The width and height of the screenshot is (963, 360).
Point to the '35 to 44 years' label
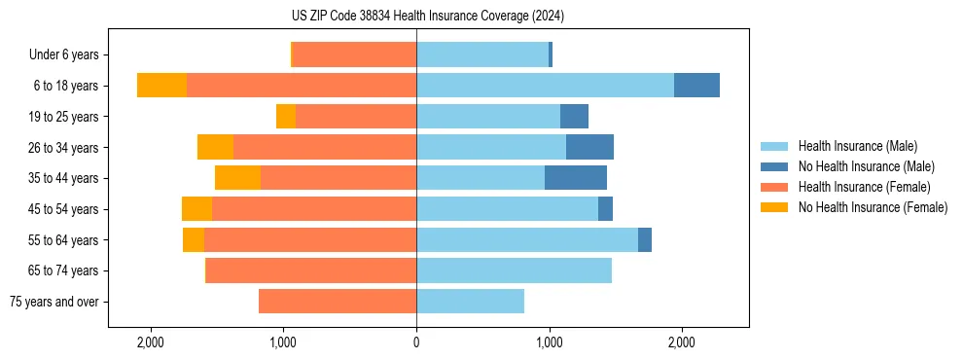coord(63,178)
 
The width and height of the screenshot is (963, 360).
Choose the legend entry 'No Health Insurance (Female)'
coord(873,207)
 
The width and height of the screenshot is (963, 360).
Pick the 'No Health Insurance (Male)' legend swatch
coord(774,166)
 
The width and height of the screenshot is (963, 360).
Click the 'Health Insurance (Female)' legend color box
coord(774,187)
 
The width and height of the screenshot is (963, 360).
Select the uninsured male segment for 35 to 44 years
coord(576,178)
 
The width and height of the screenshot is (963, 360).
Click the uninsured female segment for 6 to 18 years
coord(161,86)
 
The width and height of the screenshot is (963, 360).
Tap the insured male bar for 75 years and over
coord(470,302)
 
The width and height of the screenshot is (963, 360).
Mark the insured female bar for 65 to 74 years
coord(311,270)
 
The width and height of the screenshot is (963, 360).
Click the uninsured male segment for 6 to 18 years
coord(696,86)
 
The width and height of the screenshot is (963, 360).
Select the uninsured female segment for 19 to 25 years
coord(286,117)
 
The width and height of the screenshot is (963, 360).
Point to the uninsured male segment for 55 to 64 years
coord(645,239)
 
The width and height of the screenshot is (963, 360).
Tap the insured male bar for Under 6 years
coord(482,55)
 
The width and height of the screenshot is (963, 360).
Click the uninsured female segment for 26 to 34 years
coord(215,147)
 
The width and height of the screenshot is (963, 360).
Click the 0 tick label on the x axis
coord(416,342)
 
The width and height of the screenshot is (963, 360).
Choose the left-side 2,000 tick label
coord(151,342)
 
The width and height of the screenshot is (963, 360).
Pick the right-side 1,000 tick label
coord(549,342)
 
